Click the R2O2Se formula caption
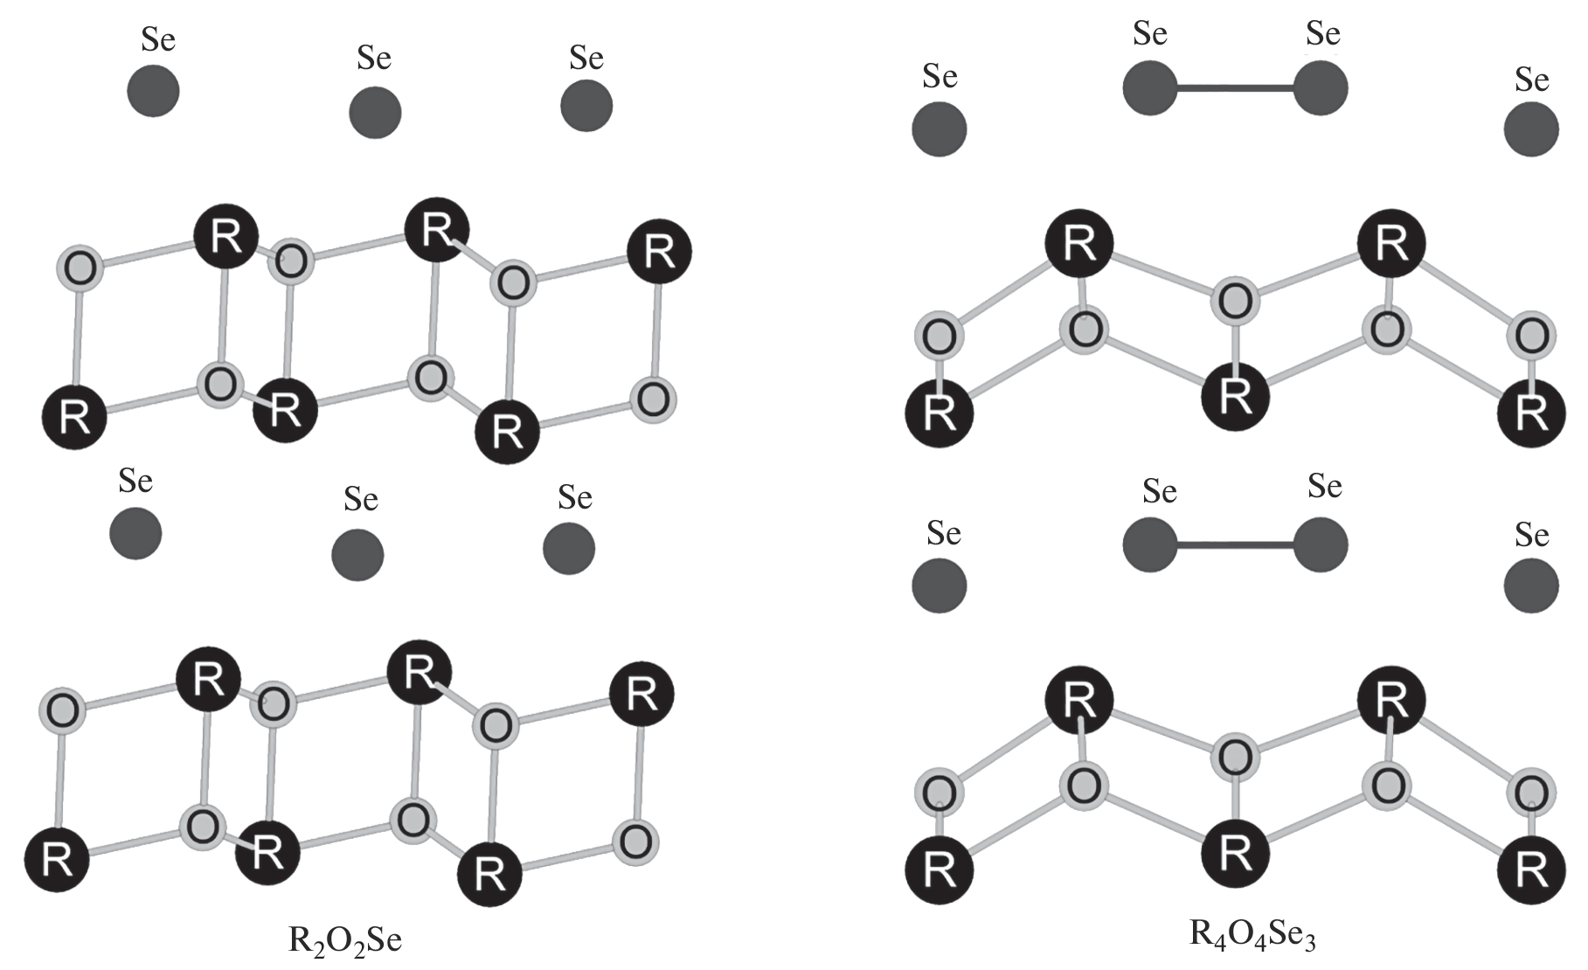coord(345,940)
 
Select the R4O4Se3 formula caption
coord(1252,934)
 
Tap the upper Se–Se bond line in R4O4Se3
coord(1235,87)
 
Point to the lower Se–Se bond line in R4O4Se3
coord(1235,545)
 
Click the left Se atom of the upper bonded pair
coord(1150,87)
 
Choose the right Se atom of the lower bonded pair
coord(1321,544)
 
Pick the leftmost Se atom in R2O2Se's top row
coord(154,91)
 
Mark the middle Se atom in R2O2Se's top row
coord(375,112)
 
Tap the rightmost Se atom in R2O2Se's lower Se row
coord(569,549)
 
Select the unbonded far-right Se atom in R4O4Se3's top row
coord(1531,129)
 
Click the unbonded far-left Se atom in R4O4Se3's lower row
coord(940,586)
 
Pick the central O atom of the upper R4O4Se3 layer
coord(1234,301)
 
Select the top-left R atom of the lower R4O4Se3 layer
coord(1079,700)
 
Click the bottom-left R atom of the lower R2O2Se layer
coord(57,860)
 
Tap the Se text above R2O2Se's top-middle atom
coord(374,58)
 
